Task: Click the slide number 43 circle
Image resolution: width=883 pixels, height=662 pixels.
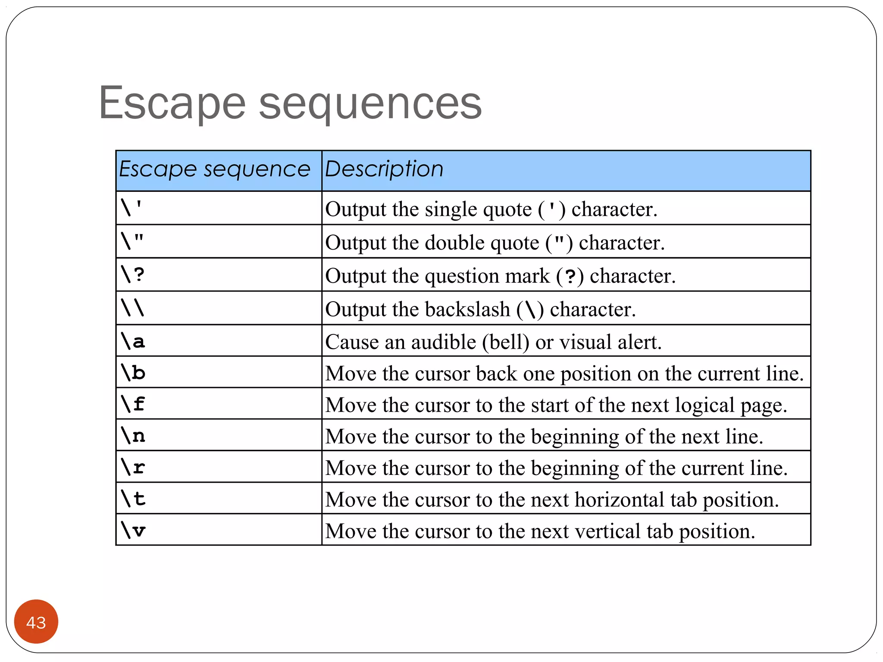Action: (36, 622)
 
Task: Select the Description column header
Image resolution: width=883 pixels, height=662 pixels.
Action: (384, 169)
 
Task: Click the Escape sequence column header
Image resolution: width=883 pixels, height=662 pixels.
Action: (214, 169)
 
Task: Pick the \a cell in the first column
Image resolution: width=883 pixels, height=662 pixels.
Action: (133, 341)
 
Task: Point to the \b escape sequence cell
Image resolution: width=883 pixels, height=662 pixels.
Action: (133, 372)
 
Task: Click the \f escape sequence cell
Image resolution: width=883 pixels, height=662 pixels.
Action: (133, 404)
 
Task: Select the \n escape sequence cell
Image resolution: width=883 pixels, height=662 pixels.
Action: (133, 435)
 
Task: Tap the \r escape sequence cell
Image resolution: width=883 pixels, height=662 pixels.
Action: (133, 467)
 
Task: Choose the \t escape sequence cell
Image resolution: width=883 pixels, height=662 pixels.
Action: (133, 498)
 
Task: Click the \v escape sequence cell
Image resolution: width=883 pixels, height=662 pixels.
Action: (133, 530)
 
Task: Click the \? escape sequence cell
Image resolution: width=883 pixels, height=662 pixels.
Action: (133, 275)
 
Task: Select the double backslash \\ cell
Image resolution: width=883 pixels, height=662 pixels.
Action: (133, 308)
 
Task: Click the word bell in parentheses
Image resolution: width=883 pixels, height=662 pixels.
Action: (505, 342)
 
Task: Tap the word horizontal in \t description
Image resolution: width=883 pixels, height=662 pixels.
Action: (620, 500)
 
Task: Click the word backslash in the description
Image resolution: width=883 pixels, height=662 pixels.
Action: (467, 309)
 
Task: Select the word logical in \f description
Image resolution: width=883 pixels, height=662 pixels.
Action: (705, 406)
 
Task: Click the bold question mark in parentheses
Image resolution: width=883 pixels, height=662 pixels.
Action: (570, 276)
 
